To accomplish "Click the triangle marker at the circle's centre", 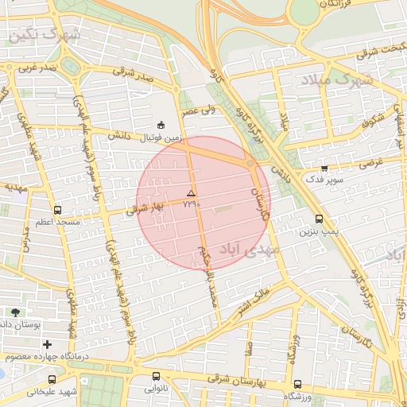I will [x=190, y=194].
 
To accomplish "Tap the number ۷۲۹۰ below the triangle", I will [x=192, y=204].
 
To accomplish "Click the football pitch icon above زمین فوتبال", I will [x=161, y=125].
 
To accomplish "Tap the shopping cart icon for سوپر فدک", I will [x=324, y=167].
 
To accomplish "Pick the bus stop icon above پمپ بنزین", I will [x=319, y=219].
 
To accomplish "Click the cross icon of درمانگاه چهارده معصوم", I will [x=48, y=344].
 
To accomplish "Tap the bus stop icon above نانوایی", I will [x=155, y=377].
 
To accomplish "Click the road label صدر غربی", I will [x=38, y=68].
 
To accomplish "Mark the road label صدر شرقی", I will [x=132, y=72].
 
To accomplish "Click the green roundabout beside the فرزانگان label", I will [x=304, y=12].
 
